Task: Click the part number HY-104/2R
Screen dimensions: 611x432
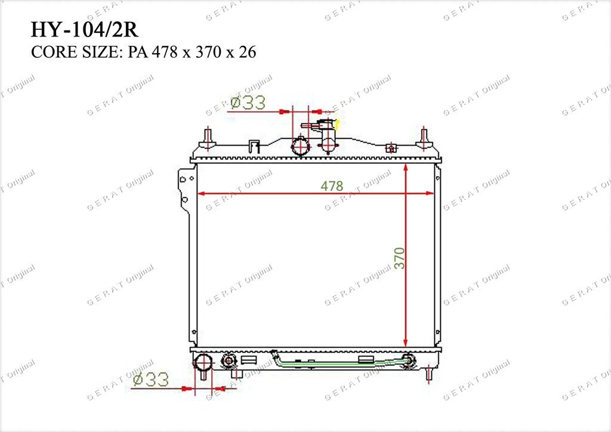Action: [x=85, y=30]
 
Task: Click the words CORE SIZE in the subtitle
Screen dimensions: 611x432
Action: [x=75, y=52]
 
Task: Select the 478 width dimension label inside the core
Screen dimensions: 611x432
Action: [x=332, y=186]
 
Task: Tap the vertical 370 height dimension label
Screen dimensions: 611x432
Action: [x=399, y=258]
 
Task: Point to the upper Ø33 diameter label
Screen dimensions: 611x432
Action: [x=248, y=103]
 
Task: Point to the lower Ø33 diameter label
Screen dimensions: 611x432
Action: [x=151, y=379]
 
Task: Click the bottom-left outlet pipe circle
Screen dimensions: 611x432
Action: [x=203, y=362]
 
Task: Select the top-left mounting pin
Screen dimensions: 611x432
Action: [x=208, y=138]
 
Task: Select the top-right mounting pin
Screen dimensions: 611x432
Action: [x=424, y=138]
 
